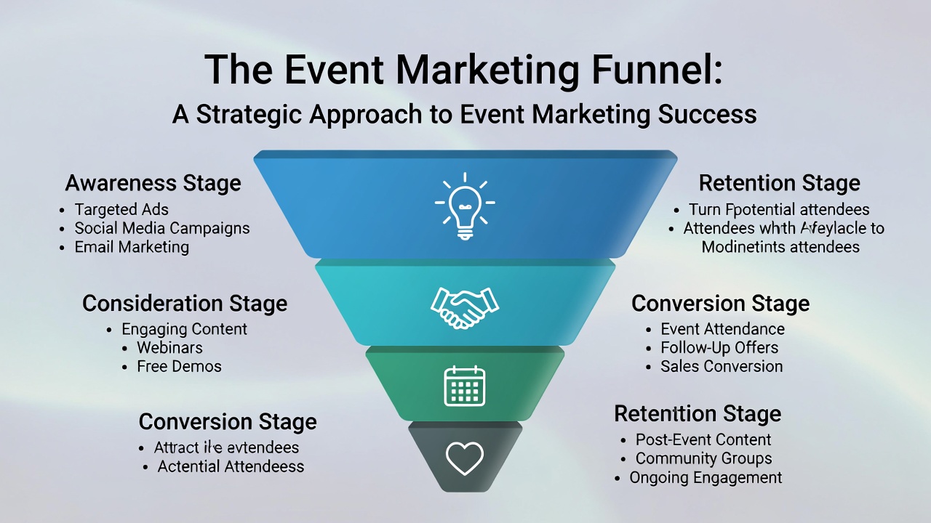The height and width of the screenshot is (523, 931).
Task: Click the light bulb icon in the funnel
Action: click(x=465, y=206)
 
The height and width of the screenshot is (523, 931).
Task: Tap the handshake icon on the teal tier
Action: click(x=465, y=307)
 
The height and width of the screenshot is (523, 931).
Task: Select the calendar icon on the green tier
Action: click(x=465, y=386)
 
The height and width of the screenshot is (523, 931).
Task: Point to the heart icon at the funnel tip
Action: click(x=465, y=458)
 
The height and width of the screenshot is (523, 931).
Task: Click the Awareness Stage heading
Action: click(x=153, y=182)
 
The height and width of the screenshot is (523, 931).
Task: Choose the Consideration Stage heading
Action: click(x=185, y=303)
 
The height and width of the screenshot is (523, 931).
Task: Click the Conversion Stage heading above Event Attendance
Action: click(x=720, y=303)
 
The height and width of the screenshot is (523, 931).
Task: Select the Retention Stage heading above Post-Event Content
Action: click(x=698, y=413)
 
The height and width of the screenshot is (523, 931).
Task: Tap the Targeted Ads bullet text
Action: click(x=121, y=210)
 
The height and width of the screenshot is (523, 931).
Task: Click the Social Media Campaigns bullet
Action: click(x=162, y=228)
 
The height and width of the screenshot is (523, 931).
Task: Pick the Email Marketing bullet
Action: click(x=132, y=247)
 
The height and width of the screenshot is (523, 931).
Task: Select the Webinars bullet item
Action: click(x=169, y=347)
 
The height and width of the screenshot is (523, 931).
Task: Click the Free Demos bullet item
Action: click(x=179, y=366)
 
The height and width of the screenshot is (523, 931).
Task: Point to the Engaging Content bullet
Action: click(x=184, y=329)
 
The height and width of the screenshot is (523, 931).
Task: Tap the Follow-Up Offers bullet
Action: click(x=719, y=347)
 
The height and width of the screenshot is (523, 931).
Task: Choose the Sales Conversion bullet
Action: click(x=722, y=366)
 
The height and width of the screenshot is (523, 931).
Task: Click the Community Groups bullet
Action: click(x=703, y=458)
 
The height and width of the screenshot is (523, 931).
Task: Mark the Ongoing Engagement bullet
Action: click(x=706, y=477)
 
